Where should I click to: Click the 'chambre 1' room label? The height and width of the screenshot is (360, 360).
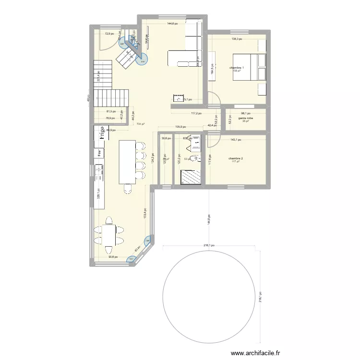tap(237, 68)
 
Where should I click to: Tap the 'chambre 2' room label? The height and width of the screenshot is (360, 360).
tap(236, 158)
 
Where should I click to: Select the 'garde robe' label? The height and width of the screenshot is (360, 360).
tap(246, 118)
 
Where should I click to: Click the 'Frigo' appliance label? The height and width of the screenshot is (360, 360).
tap(102, 132)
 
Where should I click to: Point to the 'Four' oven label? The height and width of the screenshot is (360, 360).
tap(99, 153)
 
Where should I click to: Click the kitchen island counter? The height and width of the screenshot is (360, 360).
tap(127, 162)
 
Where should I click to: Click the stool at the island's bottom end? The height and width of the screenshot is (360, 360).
tap(127, 190)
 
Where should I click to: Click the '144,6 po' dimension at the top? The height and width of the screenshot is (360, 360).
tap(172, 24)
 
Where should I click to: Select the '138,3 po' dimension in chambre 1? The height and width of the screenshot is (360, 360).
tap(237, 39)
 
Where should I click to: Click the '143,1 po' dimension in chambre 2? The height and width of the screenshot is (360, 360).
tap(236, 140)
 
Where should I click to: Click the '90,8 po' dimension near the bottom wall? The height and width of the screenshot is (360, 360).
tap(113, 257)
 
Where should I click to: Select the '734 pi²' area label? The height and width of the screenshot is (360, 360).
tap(140, 124)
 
